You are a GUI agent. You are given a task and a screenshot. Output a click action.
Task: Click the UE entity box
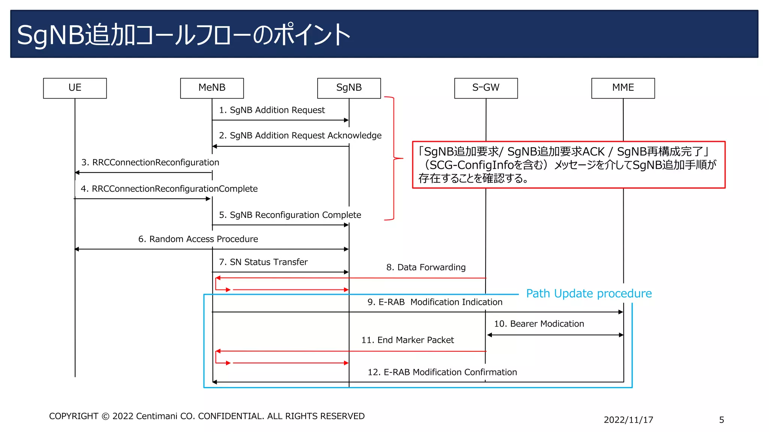[75, 88]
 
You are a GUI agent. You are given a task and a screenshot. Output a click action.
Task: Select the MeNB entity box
[212, 88]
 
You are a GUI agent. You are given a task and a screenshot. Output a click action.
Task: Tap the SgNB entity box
[349, 88]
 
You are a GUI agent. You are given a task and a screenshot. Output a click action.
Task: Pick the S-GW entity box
[486, 88]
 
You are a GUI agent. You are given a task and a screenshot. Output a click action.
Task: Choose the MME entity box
[623, 88]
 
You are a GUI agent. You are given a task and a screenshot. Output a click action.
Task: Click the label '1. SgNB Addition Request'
[272, 110]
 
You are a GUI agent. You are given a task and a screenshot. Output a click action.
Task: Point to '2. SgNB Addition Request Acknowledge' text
[300, 135]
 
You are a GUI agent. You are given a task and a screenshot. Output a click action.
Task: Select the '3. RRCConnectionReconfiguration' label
[150, 162]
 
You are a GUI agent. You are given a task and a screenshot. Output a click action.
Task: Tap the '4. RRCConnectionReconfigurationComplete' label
[169, 189]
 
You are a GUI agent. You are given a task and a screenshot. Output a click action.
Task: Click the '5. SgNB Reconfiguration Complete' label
[290, 215]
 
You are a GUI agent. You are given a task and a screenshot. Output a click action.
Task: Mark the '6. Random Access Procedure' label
[198, 239]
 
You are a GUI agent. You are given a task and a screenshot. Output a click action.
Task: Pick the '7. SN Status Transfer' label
[263, 262]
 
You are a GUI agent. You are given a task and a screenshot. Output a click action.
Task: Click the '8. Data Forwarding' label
[426, 267]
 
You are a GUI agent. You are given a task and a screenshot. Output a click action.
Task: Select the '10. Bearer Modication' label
[539, 324]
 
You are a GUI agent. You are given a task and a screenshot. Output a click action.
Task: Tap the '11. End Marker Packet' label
[407, 340]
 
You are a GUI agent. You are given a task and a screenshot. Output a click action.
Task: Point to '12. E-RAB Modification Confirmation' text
[442, 372]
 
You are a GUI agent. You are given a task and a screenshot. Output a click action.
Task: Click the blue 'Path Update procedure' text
[588, 294]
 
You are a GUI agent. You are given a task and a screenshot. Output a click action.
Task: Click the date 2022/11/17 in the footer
[628, 420]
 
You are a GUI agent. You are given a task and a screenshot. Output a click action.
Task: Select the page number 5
[721, 420]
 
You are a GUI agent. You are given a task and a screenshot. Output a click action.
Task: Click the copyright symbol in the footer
[106, 417]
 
